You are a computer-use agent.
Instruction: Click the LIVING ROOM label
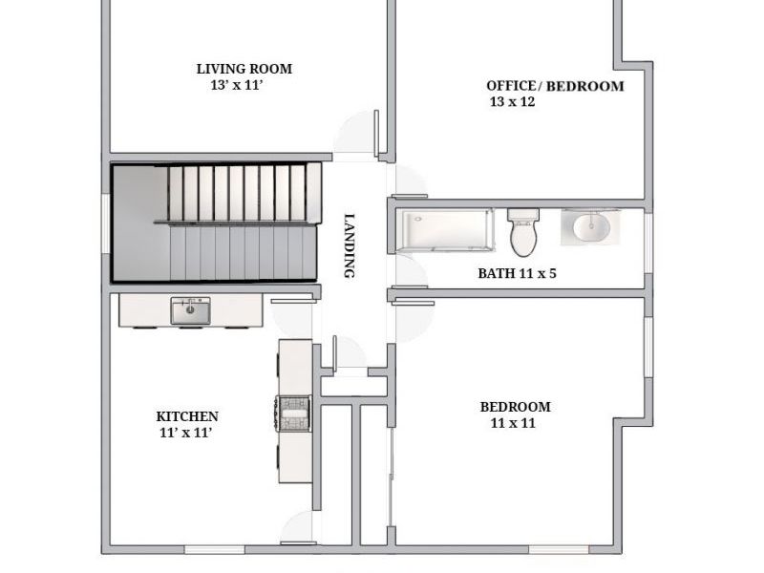pos(244,69)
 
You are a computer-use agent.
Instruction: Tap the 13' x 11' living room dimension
pos(237,85)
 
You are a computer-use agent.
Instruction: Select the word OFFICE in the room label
pos(511,85)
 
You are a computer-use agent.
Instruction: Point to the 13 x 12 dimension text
pos(512,101)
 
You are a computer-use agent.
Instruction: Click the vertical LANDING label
pos(350,246)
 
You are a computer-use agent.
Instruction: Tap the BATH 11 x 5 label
pos(517,273)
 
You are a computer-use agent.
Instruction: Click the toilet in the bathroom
pos(523,232)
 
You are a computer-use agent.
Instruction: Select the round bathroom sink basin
pos(591,227)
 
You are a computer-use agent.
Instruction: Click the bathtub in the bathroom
pos(444,230)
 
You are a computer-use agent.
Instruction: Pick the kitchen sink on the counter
pos(190,311)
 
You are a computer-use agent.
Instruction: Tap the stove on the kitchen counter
pos(294,414)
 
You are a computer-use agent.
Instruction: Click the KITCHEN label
pos(187,416)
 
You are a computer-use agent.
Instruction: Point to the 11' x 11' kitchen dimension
pos(185,433)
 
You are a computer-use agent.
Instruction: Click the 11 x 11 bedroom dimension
pos(513,423)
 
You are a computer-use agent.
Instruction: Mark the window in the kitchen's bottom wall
pos(214,550)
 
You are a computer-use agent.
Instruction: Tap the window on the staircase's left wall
pos(106,223)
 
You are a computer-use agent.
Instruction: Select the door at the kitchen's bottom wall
pos(299,528)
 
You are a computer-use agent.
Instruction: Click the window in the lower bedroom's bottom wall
pos(559,550)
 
